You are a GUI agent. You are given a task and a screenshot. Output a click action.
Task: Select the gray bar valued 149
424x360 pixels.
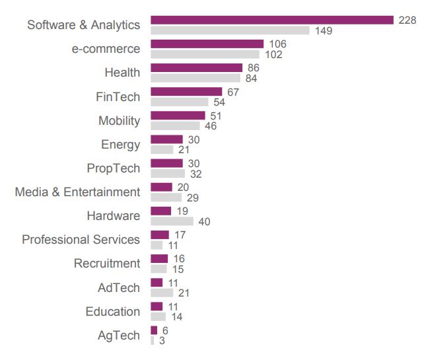[230, 30]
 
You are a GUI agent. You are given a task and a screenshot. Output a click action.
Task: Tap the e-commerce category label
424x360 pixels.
[106, 49]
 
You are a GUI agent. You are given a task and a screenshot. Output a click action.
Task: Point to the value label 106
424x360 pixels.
[278, 44]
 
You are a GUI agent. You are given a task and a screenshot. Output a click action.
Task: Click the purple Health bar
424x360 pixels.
[197, 67]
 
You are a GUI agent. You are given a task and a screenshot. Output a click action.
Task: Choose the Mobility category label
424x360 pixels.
[120, 120]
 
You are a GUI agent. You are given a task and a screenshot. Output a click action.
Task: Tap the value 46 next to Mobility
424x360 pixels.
[210, 126]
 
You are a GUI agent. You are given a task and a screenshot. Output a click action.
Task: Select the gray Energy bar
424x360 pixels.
[162, 150]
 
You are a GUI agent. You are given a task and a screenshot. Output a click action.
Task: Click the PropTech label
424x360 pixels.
[114, 168]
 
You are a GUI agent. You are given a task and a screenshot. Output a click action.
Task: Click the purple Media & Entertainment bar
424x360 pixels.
[161, 187]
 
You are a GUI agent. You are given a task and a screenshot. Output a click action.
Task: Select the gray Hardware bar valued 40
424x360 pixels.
[172, 221]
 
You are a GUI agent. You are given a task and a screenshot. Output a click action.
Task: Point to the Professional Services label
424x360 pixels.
[81, 239]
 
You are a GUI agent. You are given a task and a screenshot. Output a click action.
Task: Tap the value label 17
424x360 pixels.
[179, 234]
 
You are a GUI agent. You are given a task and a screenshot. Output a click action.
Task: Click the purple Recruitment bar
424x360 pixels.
[159, 258]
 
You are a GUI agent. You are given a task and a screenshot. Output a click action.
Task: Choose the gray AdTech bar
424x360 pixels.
[162, 293]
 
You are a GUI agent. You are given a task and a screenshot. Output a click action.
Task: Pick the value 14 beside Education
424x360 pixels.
[176, 317]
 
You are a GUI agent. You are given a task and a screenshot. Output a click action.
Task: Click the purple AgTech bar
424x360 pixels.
[154, 330]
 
